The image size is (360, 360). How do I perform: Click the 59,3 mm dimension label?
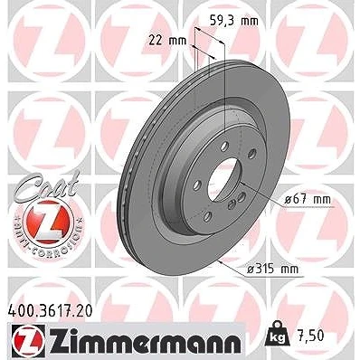234,21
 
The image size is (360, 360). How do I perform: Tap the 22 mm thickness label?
167,40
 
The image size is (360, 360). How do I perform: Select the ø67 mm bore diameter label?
308,199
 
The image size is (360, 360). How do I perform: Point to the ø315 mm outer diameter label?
273,269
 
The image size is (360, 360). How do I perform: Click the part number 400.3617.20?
49,311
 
